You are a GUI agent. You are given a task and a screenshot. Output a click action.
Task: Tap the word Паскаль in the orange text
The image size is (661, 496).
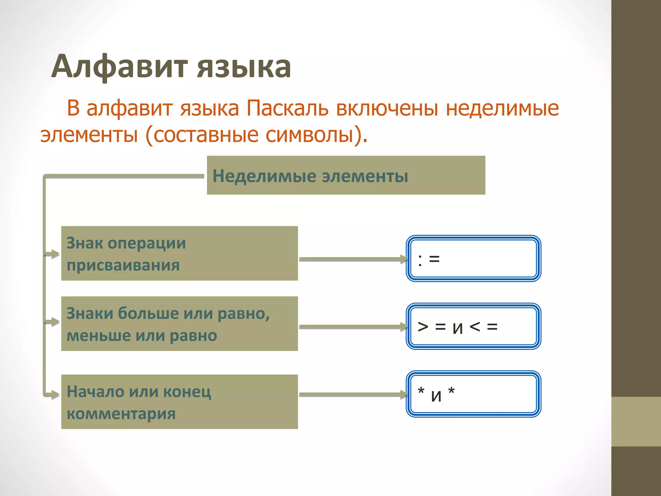pyautogui.click(x=287, y=108)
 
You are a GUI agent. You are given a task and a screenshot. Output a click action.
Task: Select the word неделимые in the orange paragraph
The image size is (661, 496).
pyautogui.click(x=502, y=108)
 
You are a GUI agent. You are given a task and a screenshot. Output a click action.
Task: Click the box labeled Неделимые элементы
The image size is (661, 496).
pyautogui.click(x=346, y=175)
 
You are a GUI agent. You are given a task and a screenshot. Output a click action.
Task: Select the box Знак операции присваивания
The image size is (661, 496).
pyautogui.click(x=179, y=253)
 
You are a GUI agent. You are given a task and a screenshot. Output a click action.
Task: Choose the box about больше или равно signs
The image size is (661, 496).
pyautogui.click(x=179, y=324)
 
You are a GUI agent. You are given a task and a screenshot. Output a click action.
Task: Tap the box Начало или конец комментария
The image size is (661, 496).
pyautogui.click(x=179, y=402)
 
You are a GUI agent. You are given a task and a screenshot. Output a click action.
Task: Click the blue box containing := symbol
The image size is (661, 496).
pyautogui.click(x=473, y=258)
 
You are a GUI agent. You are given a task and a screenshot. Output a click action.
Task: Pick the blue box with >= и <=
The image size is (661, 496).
pyautogui.click(x=473, y=326)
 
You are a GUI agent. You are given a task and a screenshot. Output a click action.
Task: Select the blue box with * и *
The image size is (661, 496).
pyautogui.click(x=473, y=394)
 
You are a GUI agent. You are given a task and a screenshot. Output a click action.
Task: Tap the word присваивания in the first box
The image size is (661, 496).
pyautogui.click(x=123, y=265)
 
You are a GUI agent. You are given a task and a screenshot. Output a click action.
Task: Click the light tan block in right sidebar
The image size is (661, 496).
pyautogui.click(x=636, y=421)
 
